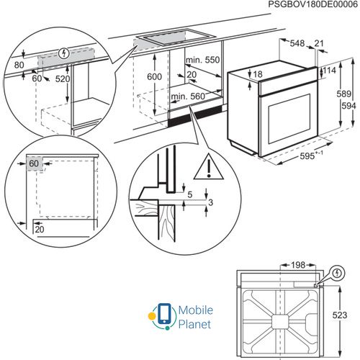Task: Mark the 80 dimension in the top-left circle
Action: coord(19,63)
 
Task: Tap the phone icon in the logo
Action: coord(165,315)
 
